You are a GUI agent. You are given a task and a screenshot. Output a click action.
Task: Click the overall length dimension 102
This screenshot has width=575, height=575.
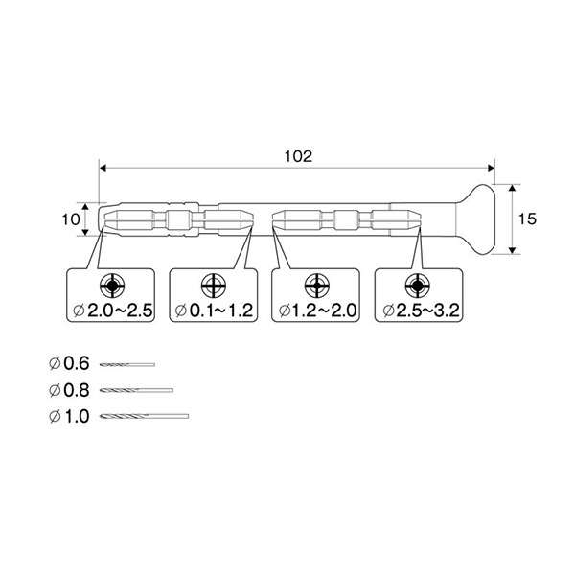click(x=298, y=156)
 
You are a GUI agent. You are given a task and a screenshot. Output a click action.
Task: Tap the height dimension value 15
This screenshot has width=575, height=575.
click(x=527, y=218)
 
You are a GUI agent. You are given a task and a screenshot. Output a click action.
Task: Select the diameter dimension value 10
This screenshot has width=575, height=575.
click(x=71, y=219)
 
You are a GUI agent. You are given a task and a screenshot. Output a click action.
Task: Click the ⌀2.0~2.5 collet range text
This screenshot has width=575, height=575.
click(x=112, y=310)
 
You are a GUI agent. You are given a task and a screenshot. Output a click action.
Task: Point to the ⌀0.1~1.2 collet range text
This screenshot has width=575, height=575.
click(x=215, y=310)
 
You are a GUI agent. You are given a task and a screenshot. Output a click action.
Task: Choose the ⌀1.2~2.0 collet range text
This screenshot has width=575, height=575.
click(x=317, y=310)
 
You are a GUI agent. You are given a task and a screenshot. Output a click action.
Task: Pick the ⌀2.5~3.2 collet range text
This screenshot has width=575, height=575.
click(x=421, y=310)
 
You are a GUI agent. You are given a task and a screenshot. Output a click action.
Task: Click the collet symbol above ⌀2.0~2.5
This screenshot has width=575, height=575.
click(x=112, y=285)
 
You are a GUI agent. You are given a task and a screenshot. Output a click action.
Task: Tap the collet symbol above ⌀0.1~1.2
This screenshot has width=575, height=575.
click(x=214, y=285)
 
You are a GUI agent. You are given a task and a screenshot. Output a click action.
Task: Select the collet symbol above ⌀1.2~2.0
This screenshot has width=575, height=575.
click(x=317, y=285)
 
